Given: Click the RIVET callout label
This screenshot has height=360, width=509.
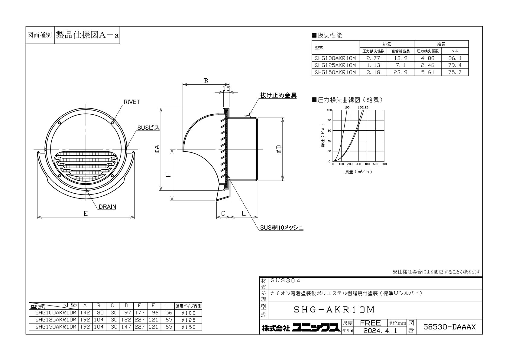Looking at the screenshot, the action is tap(131, 102).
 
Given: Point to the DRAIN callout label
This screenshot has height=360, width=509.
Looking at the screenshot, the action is tap(107, 207).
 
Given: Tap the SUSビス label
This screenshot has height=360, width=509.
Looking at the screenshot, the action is tap(148, 128).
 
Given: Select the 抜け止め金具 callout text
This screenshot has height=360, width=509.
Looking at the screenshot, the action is tap(278, 95).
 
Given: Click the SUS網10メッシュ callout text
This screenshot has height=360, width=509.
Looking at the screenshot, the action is tap(281, 227).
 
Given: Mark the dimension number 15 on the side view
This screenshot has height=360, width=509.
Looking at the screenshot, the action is tap(226, 88).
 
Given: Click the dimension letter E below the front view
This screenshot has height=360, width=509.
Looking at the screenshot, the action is tap(86, 213).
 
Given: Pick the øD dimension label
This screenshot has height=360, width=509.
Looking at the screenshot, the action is tap(279, 149).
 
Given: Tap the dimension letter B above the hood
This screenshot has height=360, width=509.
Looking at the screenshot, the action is tap(206, 81).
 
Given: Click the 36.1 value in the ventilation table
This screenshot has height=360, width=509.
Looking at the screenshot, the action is tap(455, 58).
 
